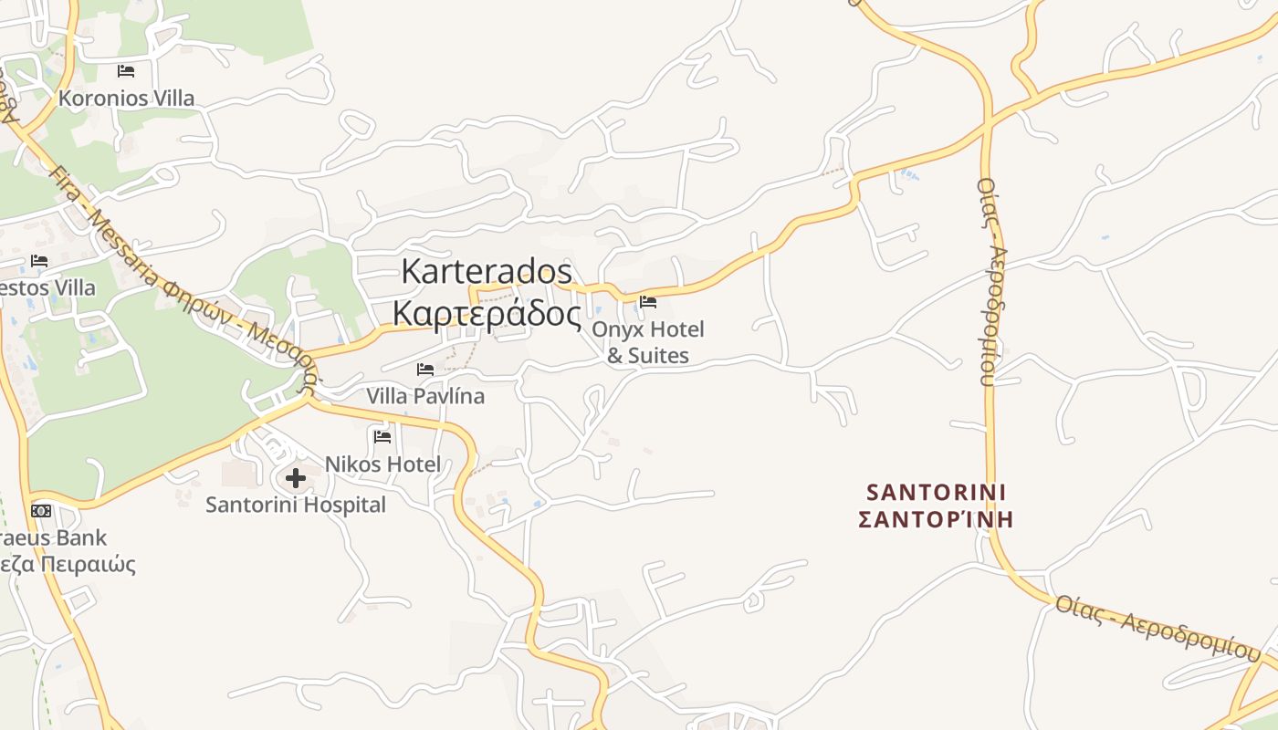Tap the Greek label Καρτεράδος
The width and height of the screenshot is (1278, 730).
pos(487,313)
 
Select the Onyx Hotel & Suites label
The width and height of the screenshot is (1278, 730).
pos(648,341)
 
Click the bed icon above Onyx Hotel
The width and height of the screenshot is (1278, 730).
pos(648,301)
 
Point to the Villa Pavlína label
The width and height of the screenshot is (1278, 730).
pos(425,397)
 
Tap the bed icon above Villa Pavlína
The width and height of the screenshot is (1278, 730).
pos(425,370)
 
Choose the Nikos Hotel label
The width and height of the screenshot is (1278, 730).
pos(382,464)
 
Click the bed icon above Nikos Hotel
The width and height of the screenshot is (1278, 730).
pos(382,436)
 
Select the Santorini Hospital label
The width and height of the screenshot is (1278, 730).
pos(296,505)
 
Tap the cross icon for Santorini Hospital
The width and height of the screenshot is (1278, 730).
pos(296,477)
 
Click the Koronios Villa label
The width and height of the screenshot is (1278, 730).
pos(126,98)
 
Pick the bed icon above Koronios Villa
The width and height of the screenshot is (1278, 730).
pos(126,70)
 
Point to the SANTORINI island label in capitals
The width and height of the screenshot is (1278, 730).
pos(936,493)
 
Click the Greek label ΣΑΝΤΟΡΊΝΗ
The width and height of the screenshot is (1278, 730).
pos(936,520)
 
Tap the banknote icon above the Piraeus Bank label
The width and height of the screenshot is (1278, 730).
pos(41,511)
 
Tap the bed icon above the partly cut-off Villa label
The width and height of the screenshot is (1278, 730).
pos(39,261)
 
